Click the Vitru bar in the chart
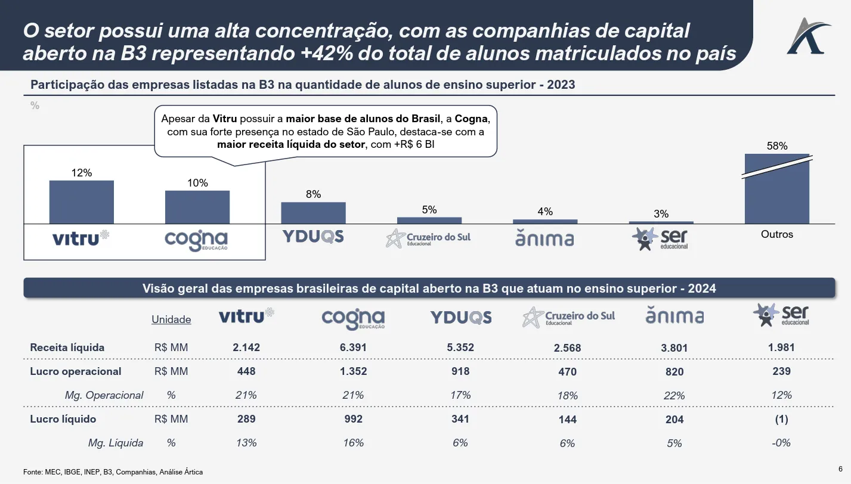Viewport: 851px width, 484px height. [81, 201]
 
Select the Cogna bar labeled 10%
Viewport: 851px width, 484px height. [197, 207]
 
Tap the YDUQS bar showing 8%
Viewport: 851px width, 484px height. [313, 213]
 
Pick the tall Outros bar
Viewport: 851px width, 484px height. [777, 189]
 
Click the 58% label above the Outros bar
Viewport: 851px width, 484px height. [777, 145]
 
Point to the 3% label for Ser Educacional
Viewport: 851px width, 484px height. [661, 214]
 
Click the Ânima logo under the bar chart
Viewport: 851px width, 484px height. [544, 238]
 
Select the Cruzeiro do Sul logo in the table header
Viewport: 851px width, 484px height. [568, 317]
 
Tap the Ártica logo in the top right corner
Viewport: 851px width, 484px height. [808, 36]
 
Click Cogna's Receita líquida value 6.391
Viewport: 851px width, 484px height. [354, 348]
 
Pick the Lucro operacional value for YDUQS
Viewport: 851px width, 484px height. [460, 371]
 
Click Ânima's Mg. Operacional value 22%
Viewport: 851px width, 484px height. [674, 396]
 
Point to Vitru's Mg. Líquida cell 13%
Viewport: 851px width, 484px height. [246, 443]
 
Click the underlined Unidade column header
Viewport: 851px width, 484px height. [171, 319]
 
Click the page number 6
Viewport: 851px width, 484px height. [840, 468]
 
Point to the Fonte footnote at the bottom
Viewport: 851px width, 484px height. [113, 472]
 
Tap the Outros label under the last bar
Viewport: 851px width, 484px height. [777, 234]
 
